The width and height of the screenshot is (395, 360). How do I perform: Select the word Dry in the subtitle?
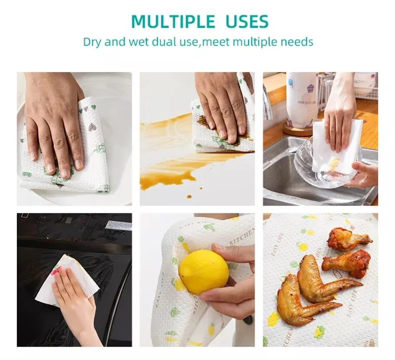coord(92,41)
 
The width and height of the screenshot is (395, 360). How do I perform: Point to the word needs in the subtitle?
coord(295,41)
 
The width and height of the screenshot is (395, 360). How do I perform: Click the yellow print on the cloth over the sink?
coord(333,162)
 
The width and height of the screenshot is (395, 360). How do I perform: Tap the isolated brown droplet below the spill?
coord(189,197)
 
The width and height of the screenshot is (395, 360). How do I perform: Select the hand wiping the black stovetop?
coord(74,296)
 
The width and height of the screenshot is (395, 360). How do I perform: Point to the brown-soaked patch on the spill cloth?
coord(205,121)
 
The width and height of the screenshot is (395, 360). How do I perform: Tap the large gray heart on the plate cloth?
coord(92,127)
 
